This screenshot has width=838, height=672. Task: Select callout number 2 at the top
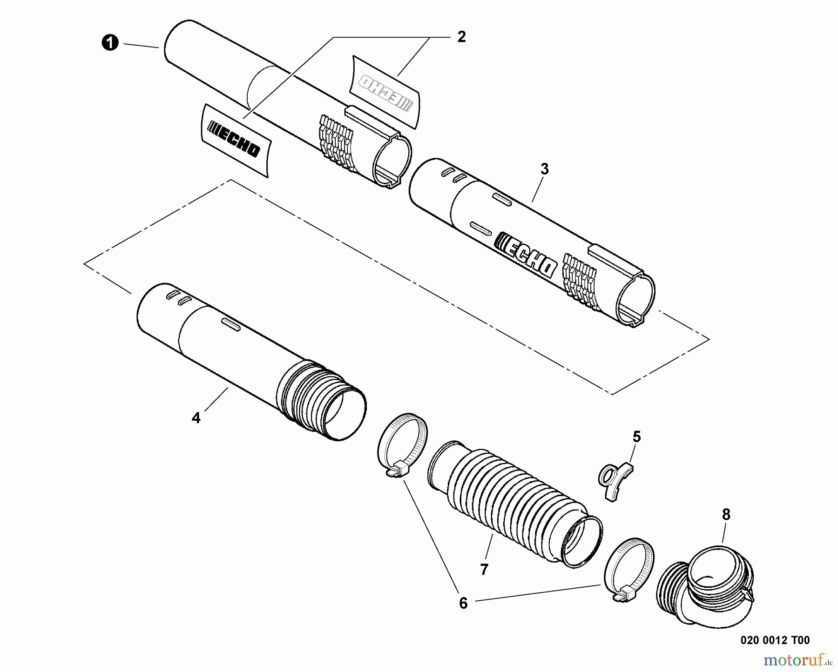coord(461,37)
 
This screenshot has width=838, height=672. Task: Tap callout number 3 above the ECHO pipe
coord(544,169)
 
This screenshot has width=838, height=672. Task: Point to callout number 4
coord(196,418)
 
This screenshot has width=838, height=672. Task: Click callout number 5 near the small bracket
coord(636,437)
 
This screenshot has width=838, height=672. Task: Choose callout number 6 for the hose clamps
coord(463,603)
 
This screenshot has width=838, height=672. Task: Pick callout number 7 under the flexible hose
coord(484,569)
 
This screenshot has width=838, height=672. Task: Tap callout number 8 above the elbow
coord(726,515)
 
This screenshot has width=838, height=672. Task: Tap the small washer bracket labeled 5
coord(615,481)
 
